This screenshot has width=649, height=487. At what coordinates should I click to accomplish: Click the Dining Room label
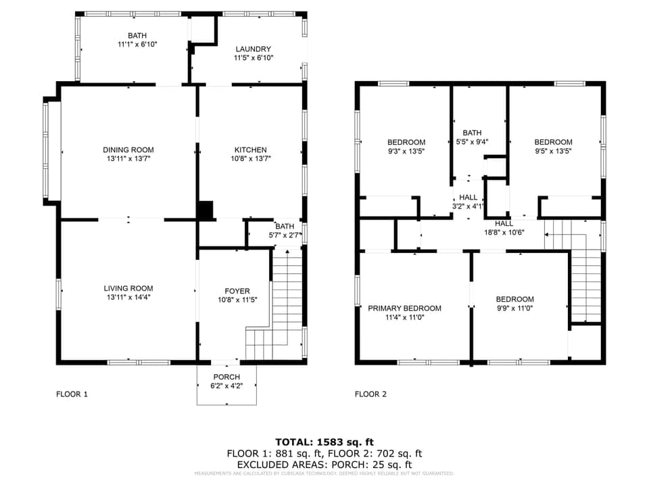click(x=128, y=149)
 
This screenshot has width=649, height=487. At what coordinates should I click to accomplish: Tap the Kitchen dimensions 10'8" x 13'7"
click(x=250, y=159)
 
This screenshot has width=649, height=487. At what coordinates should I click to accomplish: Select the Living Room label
click(x=128, y=287)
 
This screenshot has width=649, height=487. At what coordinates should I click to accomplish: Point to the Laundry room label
click(x=253, y=49)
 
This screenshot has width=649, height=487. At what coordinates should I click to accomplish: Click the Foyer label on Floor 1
click(x=237, y=290)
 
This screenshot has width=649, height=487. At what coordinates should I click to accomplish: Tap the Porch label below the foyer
click(x=226, y=377)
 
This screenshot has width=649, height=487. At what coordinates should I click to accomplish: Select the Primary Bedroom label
click(x=404, y=308)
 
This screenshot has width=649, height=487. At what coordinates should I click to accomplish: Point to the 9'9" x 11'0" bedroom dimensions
click(x=514, y=308)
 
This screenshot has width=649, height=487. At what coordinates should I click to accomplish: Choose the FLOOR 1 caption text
click(x=72, y=394)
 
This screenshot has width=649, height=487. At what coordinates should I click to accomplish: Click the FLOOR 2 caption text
click(x=370, y=394)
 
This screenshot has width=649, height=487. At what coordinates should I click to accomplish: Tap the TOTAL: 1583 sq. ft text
click(x=324, y=442)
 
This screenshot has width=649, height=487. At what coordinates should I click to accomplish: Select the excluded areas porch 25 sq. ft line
click(x=324, y=465)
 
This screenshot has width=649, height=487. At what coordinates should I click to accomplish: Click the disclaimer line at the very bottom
click(x=324, y=473)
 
